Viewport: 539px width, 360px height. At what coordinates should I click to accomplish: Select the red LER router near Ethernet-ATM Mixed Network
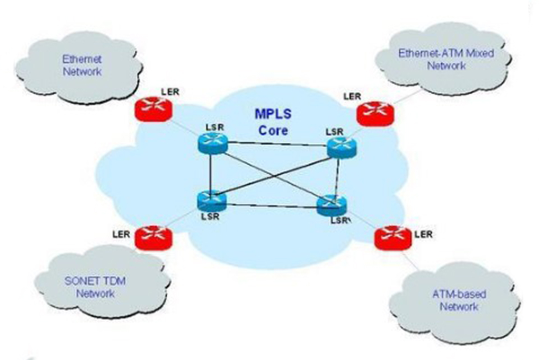pos(375,113)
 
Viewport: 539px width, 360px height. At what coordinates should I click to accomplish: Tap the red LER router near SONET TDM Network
pos(153,235)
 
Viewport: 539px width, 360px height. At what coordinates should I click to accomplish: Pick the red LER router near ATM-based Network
pos(393,237)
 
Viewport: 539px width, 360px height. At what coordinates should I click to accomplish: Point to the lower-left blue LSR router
pos(211,200)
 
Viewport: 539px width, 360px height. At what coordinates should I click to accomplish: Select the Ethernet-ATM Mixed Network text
pos(446,59)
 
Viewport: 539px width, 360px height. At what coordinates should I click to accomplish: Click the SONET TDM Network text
pos(95,287)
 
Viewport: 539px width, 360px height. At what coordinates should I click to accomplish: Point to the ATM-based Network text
pos(459,300)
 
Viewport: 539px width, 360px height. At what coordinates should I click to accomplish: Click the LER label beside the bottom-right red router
pos(424,234)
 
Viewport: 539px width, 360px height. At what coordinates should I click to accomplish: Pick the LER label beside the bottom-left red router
pos(122,233)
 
